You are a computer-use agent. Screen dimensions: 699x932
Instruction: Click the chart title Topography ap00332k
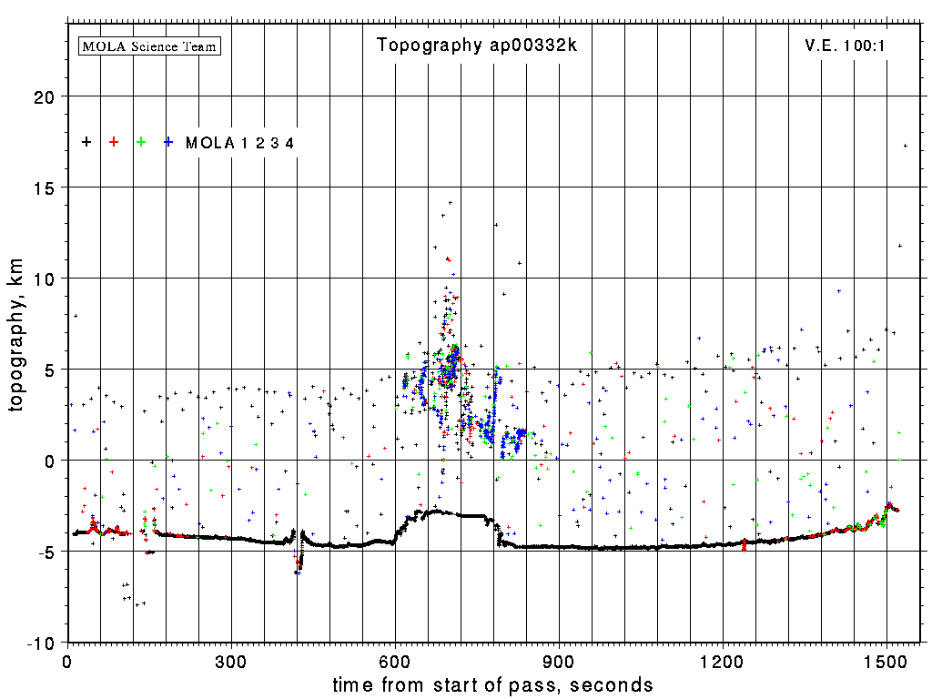coord(477,46)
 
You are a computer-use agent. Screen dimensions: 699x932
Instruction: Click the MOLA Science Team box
coord(150,46)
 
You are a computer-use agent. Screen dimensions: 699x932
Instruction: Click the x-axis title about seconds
coord(492,684)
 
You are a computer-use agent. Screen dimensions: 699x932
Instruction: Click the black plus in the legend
coord(86,142)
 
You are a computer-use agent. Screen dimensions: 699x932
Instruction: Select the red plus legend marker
coord(114,142)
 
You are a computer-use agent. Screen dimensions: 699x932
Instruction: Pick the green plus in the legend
coord(141,142)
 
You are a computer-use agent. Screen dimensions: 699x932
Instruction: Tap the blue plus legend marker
coord(168,142)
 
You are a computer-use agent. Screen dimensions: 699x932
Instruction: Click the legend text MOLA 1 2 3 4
coord(240,142)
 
